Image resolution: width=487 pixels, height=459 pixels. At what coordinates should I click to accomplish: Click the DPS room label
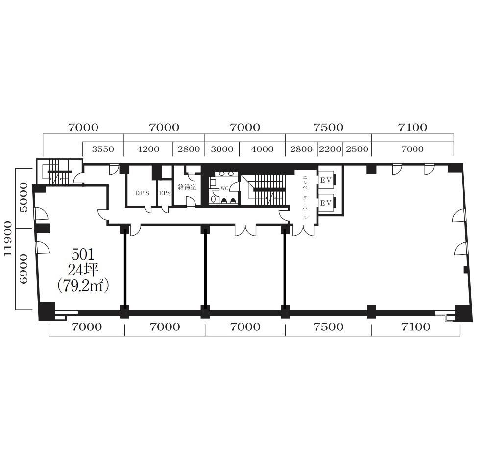(x=142, y=193)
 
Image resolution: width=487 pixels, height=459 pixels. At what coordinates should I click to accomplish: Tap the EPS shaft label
(x=165, y=193)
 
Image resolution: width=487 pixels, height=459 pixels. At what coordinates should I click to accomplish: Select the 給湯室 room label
(x=187, y=187)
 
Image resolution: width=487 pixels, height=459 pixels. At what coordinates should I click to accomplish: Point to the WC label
(x=224, y=188)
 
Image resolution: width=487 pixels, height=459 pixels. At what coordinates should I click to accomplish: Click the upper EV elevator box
(x=326, y=180)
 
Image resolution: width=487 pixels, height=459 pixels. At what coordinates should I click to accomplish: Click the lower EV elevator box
(x=326, y=203)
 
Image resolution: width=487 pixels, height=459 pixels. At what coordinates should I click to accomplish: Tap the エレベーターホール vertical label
(x=305, y=198)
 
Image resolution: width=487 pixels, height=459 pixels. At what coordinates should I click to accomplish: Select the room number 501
(x=83, y=254)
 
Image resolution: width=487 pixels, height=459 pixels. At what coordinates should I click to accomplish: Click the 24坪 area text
(x=83, y=270)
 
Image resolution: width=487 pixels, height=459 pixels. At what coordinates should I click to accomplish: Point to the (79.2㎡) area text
(x=83, y=285)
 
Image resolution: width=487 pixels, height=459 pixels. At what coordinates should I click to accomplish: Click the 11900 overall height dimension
(x=8, y=239)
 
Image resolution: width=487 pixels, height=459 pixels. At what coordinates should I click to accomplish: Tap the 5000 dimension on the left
(x=24, y=197)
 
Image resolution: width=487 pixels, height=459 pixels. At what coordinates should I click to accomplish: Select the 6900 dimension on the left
(x=24, y=269)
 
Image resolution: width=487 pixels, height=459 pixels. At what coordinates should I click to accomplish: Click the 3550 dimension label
(x=103, y=149)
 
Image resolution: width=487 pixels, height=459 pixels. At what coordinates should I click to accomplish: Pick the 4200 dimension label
(x=148, y=149)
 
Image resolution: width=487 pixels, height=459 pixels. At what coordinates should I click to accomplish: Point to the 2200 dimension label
(x=330, y=149)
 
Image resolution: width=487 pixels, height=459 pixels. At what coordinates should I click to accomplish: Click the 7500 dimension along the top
(x=328, y=127)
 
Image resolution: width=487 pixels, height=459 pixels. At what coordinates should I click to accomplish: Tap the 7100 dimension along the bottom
(x=415, y=327)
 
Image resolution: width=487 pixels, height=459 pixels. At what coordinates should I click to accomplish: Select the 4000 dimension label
(x=262, y=149)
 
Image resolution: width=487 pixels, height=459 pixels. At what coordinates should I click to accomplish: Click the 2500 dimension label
(x=357, y=149)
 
